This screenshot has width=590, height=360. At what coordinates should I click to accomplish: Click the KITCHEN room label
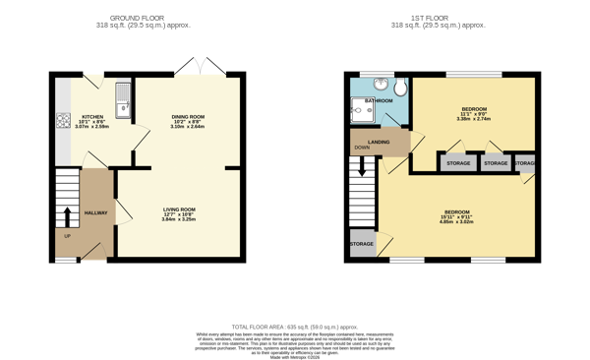click(x=91, y=116)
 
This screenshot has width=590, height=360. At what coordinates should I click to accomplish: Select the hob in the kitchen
click(x=63, y=121)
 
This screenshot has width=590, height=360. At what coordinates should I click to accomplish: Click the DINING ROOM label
click(x=187, y=116)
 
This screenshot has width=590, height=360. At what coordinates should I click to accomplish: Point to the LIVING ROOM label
click(x=179, y=210)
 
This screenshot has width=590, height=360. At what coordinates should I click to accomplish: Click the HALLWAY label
click(x=95, y=212)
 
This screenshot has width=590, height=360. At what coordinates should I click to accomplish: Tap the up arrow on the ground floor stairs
click(x=67, y=216)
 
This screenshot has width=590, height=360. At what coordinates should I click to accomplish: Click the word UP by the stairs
click(x=67, y=236)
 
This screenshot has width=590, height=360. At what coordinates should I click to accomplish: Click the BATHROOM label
click(x=379, y=100)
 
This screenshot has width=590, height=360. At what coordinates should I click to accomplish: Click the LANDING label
click(x=379, y=142)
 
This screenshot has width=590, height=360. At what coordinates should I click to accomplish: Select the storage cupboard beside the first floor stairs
click(x=361, y=243)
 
